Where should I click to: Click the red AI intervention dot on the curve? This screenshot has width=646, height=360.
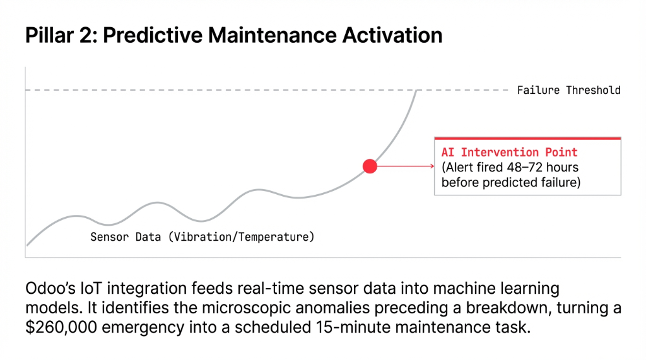pyautogui.click(x=370, y=166)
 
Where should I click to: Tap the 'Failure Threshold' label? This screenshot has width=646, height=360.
pyautogui.click(x=568, y=90)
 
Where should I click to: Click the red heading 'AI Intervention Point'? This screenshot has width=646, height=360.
pyautogui.click(x=509, y=153)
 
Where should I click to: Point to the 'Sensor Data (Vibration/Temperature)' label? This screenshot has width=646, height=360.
pyautogui.click(x=202, y=238)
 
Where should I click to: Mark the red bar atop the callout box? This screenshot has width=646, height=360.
pyautogui.click(x=527, y=138)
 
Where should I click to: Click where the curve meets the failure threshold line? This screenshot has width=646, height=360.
pyautogui.click(x=417, y=91)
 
